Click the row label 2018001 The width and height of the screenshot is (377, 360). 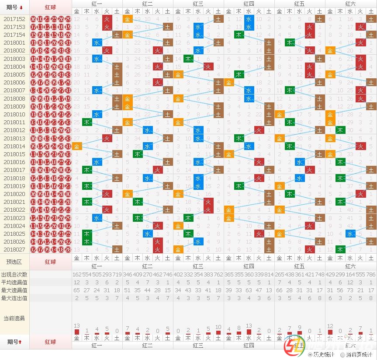click(x=14, y=43)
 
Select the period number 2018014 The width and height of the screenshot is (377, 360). click(x=14, y=147)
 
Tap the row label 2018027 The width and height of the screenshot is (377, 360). click(x=14, y=249)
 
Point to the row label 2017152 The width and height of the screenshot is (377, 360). click(x=14, y=19)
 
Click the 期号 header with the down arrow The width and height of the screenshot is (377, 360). click(x=14, y=7)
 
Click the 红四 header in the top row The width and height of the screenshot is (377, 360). click(x=249, y=3)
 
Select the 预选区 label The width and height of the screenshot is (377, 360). click(x=14, y=262)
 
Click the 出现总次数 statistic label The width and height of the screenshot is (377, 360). click(x=14, y=274)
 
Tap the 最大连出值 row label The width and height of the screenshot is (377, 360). click(x=14, y=298)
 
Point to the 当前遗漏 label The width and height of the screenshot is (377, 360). click(x=14, y=318)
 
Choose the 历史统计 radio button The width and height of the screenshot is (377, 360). click(x=311, y=355)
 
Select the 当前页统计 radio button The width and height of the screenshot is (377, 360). click(x=342, y=355)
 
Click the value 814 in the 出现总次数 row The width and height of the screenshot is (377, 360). click(x=269, y=274)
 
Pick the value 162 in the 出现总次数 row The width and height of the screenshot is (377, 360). click(x=77, y=274)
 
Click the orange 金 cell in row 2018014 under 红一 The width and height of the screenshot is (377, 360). click(x=77, y=147)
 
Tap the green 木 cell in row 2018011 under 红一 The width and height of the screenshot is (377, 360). click(x=87, y=122)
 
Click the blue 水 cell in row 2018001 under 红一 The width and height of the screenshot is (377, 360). click(x=97, y=43)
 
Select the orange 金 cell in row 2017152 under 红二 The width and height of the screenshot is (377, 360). click(x=128, y=19)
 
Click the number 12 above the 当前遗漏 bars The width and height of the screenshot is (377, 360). click(x=330, y=326)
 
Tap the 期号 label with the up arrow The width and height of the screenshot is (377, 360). click(x=14, y=342)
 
